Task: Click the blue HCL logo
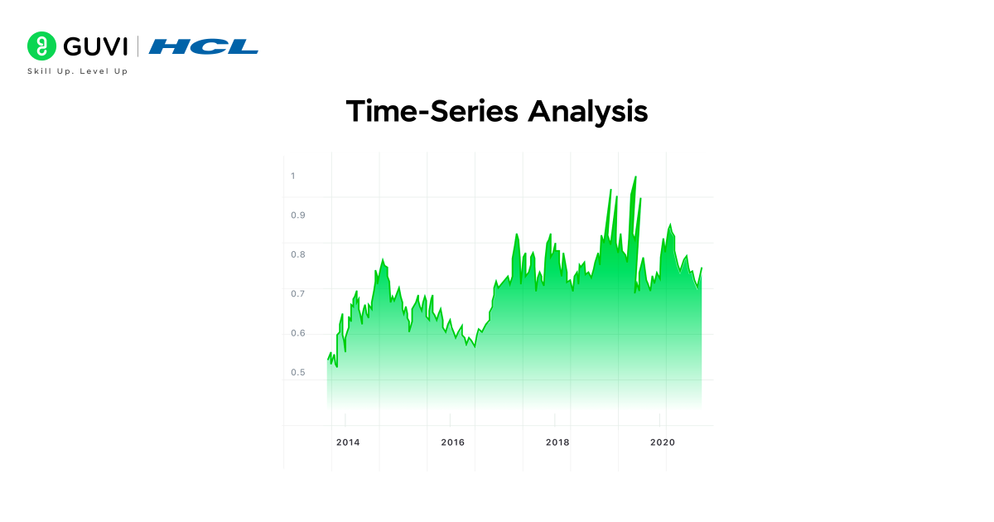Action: click(x=204, y=46)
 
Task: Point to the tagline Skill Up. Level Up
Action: click(x=78, y=71)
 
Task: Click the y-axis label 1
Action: click(x=292, y=176)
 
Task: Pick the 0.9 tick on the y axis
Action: click(x=297, y=215)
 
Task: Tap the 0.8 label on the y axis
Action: click(x=297, y=254)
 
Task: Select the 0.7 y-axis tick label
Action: click(x=297, y=294)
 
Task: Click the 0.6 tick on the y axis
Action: click(x=297, y=333)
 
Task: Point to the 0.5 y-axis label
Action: click(x=297, y=373)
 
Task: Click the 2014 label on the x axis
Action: click(x=348, y=442)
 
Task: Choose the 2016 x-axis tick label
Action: click(x=453, y=442)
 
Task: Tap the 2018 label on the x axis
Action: click(x=557, y=442)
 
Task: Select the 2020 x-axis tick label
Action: click(x=663, y=442)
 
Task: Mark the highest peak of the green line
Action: click(x=635, y=177)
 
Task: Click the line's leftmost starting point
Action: click(x=328, y=360)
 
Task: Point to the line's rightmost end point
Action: click(x=702, y=268)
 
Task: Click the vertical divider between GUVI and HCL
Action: click(x=138, y=46)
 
